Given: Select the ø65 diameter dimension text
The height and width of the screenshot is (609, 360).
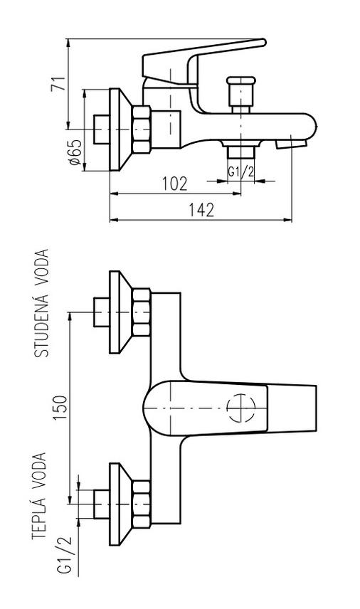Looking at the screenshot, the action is pos(75,152).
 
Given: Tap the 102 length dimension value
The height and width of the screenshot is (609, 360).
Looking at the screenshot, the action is pos(175,184).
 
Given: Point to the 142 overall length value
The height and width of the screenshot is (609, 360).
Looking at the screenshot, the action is pos(201,210).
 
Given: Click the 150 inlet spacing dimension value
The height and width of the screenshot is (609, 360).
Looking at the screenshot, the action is pos(60,408).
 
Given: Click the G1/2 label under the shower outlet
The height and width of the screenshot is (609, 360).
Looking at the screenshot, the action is pos(240,172).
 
